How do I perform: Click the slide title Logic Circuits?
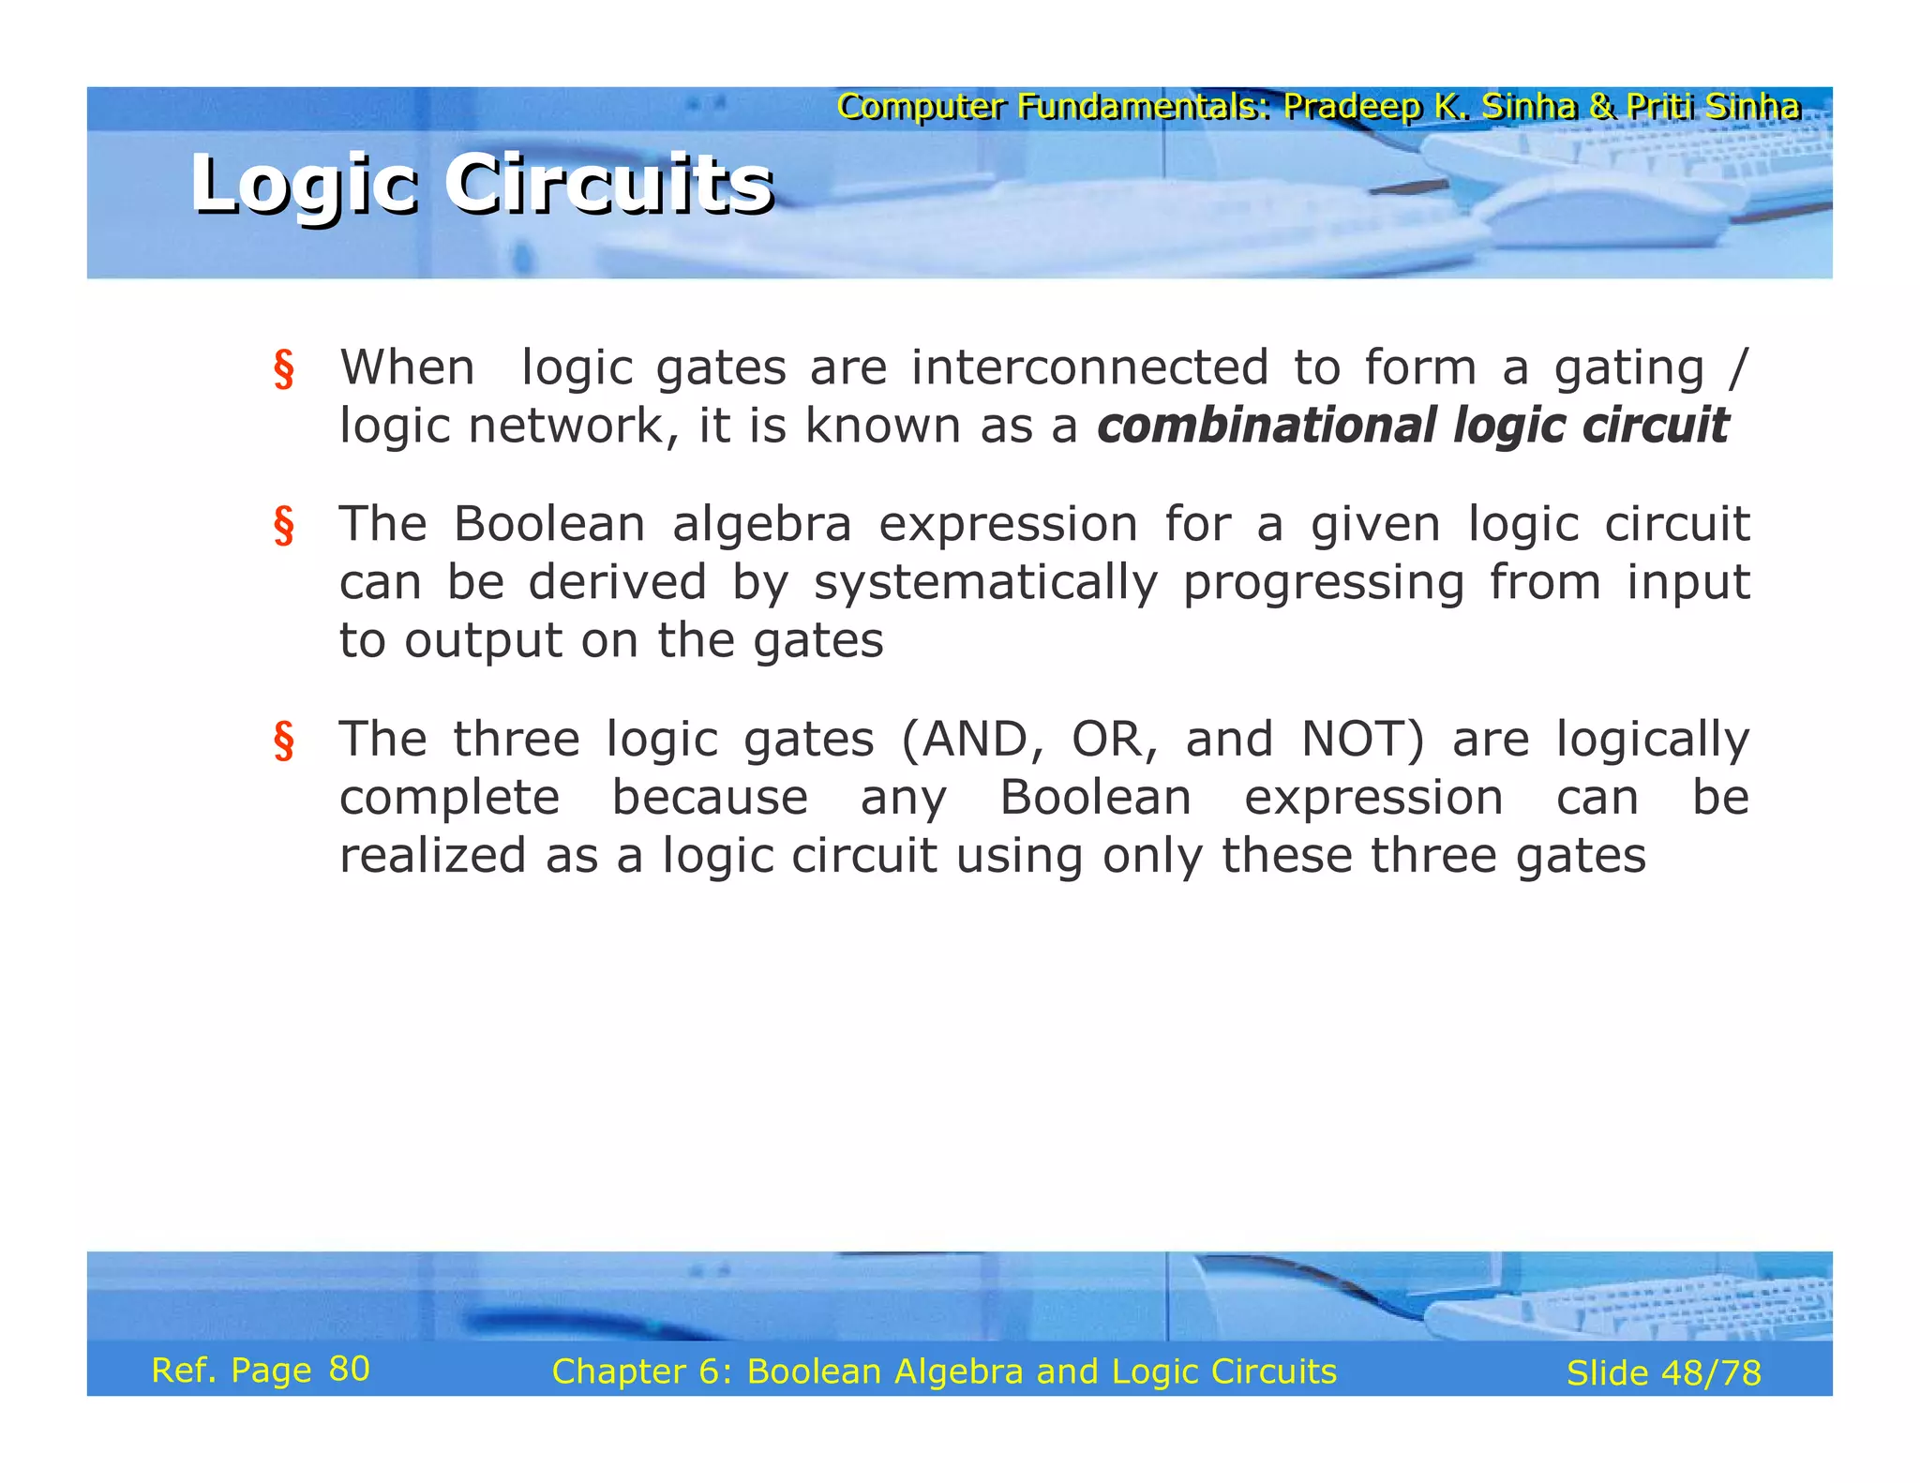coord(482,184)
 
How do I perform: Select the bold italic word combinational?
coord(1265,427)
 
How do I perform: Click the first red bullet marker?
coord(283,369)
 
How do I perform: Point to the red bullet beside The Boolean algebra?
coord(283,526)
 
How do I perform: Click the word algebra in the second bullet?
coord(761,524)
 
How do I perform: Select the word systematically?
coord(985,583)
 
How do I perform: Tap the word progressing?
coord(1323,583)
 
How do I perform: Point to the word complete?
coord(449,799)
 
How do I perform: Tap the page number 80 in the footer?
coord(349,1370)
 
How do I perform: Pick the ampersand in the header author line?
coord(1601,107)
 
